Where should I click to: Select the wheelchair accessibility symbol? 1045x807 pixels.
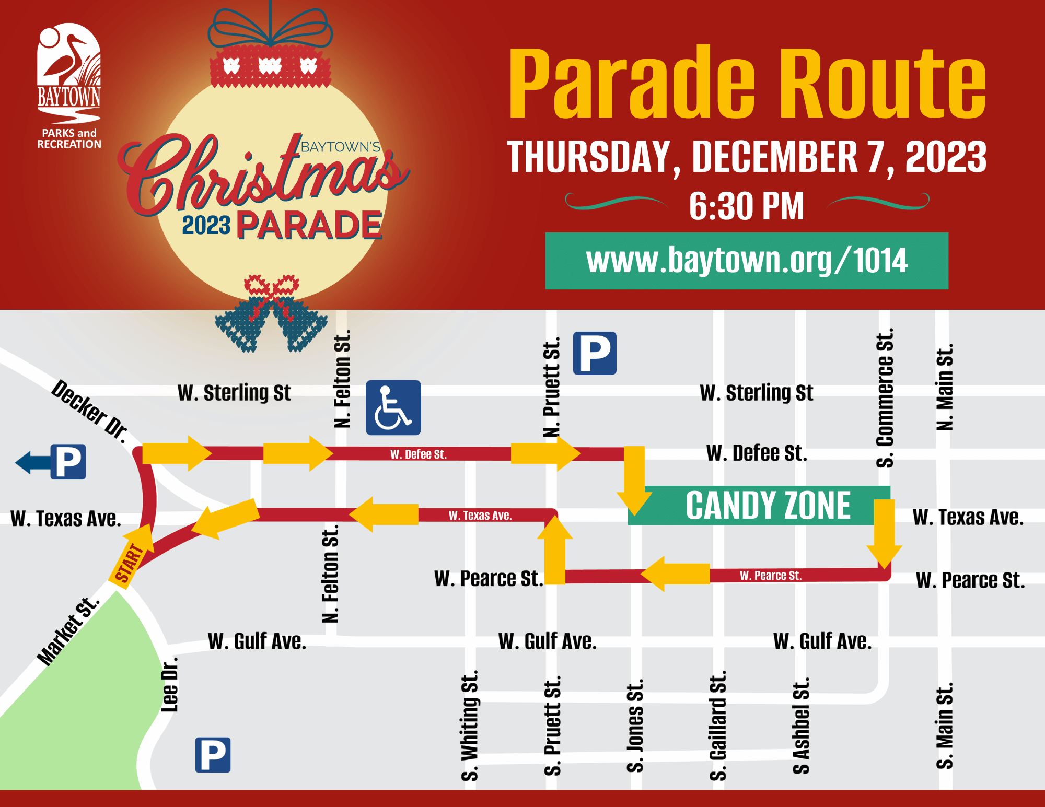pos(393,407)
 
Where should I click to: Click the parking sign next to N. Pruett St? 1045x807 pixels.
pos(595,353)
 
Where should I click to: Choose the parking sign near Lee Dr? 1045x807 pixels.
pos(213,755)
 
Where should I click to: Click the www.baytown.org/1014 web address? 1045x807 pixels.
pos(747,261)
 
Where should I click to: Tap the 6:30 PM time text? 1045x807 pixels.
pos(746,207)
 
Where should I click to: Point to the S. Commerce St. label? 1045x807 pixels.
pos(885,397)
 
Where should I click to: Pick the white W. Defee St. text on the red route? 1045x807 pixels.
pos(418,454)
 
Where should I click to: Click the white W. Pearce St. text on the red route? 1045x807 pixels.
pos(770,576)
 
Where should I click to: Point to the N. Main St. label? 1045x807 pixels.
pos(945,387)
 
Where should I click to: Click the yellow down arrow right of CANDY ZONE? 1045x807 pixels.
pos(884,533)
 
